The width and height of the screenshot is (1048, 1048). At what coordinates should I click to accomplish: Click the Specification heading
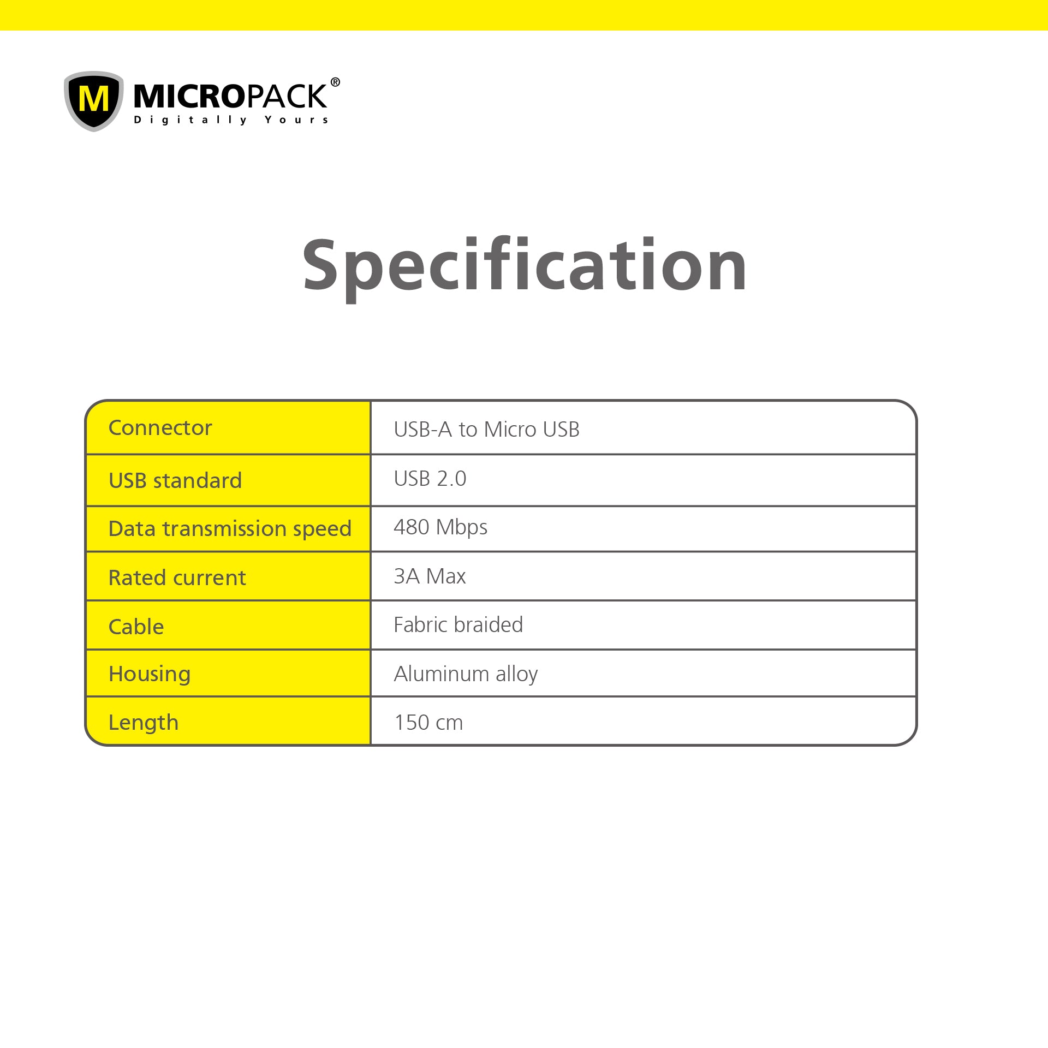tap(525, 267)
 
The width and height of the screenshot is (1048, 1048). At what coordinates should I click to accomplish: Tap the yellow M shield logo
tap(94, 101)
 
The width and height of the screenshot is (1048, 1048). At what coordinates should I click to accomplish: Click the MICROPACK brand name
tap(230, 96)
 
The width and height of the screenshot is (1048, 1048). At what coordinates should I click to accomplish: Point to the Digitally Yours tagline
tap(231, 120)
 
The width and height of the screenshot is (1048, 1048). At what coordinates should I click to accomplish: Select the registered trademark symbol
tap(335, 82)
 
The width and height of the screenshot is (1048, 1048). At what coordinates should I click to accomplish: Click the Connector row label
tap(160, 428)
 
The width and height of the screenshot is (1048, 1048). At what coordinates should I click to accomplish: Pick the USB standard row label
tap(175, 480)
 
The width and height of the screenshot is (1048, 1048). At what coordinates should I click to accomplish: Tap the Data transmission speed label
tap(230, 529)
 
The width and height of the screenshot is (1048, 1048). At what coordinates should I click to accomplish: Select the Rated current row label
tap(177, 577)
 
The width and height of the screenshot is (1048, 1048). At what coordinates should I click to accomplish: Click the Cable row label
tap(136, 627)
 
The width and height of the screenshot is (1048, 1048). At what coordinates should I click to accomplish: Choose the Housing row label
tap(150, 675)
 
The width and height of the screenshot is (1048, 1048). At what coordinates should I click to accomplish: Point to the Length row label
tap(144, 723)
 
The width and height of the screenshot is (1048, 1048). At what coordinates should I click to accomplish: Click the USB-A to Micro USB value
tap(486, 430)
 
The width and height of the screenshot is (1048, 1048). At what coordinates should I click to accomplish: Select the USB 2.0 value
tap(430, 479)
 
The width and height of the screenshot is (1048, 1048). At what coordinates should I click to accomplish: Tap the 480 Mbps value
tap(440, 528)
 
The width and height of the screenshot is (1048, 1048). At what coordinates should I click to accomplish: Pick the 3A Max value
tap(430, 576)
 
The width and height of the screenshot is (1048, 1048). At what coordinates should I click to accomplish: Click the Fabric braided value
tap(458, 624)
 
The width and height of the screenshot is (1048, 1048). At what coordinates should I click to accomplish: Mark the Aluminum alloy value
tap(466, 675)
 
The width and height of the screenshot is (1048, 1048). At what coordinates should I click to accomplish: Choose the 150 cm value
tap(428, 723)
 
